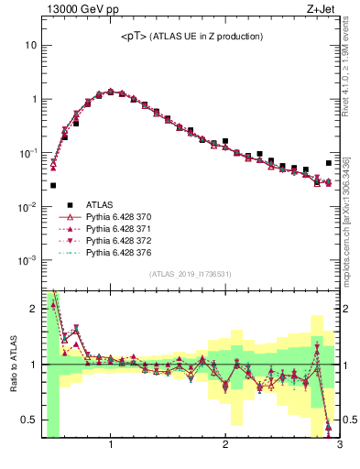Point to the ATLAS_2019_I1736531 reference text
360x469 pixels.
click(191, 274)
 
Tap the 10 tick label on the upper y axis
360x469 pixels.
click(30, 45)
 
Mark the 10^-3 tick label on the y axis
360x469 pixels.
click(27, 260)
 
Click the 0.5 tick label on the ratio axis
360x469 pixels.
click(28, 420)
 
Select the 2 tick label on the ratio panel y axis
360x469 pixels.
click(33, 309)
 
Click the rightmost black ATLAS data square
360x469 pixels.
click(329, 163)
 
